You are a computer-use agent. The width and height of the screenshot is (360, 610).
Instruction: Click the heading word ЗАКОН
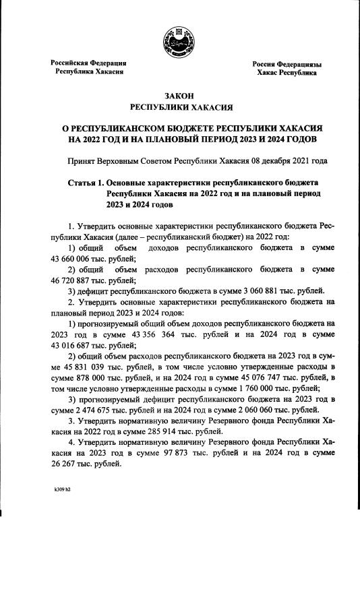180,96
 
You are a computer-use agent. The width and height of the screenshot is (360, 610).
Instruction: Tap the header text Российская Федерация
89,63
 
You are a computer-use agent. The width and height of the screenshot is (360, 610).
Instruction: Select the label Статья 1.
88,183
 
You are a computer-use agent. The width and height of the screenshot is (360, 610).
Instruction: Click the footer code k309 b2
62,490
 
